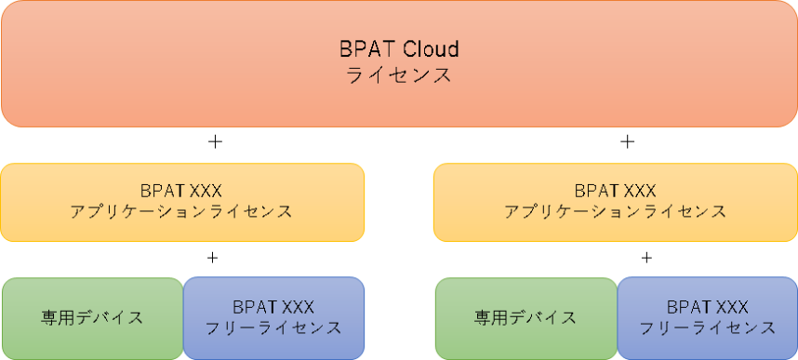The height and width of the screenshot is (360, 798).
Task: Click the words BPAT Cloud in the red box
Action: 399,49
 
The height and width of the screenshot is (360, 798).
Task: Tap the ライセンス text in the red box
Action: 399,75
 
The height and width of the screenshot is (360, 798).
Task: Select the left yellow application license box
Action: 182,202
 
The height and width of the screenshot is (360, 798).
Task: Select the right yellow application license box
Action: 616,202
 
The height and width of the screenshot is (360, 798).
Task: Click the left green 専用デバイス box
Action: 93,318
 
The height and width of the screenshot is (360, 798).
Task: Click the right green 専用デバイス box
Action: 526,318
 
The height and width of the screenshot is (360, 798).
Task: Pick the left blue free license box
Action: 273,318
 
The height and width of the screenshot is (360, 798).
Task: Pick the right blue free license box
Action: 708,318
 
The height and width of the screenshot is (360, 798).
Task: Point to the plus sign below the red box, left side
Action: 215,142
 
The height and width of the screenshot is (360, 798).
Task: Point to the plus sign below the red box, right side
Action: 628,142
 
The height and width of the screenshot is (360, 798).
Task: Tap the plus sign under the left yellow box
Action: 213,259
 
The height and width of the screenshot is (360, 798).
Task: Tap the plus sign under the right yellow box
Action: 646,259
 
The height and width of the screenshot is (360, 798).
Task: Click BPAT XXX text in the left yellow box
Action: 181,191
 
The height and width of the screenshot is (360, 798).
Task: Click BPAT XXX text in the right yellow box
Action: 616,191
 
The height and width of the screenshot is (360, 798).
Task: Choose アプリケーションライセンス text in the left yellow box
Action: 181,212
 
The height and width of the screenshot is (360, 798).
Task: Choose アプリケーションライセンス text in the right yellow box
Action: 616,212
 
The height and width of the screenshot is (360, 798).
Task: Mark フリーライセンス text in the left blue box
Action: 273,328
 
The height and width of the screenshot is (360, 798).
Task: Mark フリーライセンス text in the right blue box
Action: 708,328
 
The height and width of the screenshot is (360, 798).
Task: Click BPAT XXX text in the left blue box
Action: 273,307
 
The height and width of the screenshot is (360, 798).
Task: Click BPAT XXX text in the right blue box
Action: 708,307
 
